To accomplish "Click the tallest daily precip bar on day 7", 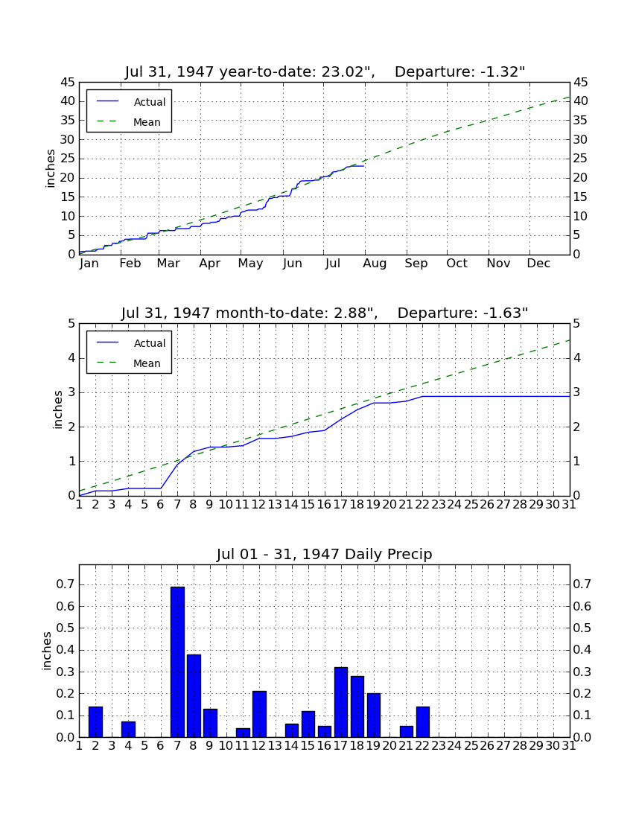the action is coord(177,662).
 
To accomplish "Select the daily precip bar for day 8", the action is coord(194,695).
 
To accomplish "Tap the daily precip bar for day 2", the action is coord(95,722).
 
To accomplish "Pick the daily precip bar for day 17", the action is coord(341,703).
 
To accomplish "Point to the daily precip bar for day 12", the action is coord(260,714).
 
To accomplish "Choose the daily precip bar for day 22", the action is coord(423,722).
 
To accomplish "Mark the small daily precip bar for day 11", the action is coord(243,733).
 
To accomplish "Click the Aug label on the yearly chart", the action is coord(375,264).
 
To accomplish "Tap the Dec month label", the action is coord(538,264).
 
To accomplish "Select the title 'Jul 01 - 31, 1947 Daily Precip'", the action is coord(325,554).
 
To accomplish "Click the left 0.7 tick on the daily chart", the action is coord(66,584).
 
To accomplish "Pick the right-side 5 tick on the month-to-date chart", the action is coord(576,323).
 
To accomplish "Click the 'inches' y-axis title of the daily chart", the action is coord(47,651).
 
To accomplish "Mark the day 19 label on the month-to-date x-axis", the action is coord(373,505).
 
